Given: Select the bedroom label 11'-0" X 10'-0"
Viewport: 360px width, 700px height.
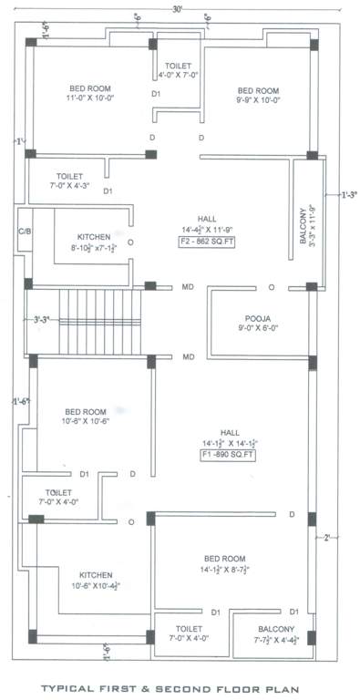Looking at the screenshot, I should [90, 94].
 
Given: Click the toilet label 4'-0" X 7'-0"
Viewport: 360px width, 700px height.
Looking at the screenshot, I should [177, 69].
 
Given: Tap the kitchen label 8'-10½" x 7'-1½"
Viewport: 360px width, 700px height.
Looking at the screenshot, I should [94, 241].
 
